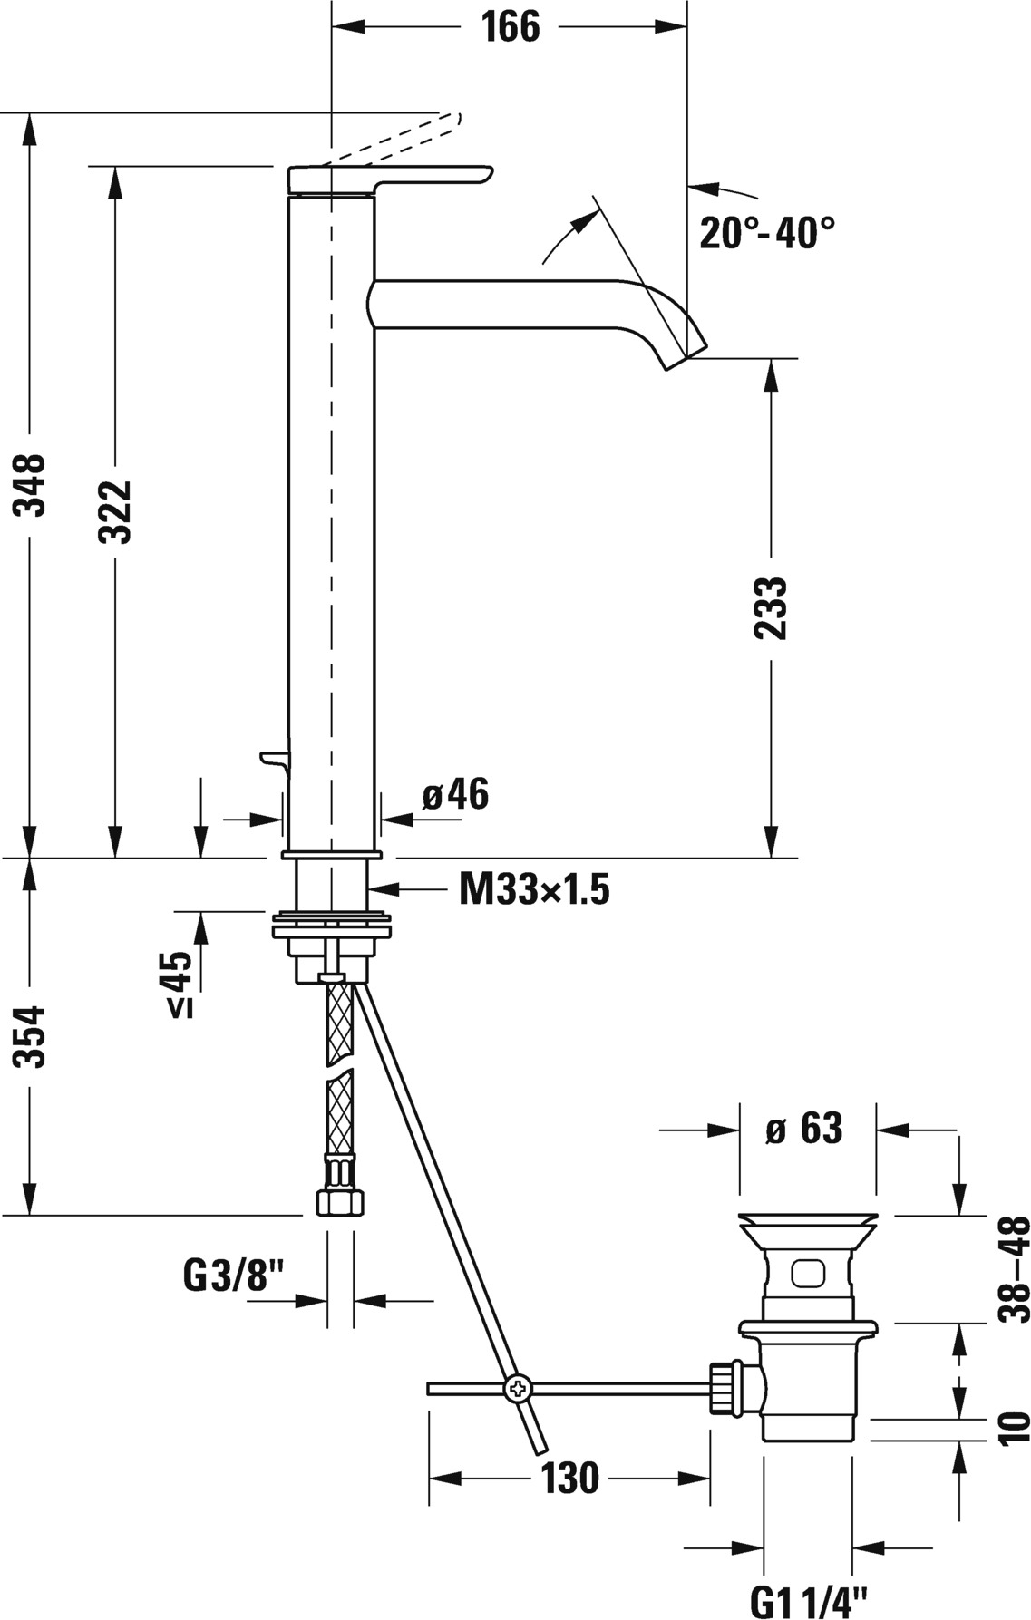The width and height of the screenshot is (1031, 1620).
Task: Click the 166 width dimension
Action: pyautogui.click(x=510, y=26)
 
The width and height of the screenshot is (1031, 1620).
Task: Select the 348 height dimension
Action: pyautogui.click(x=34, y=485)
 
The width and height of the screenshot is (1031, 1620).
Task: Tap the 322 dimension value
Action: pyautogui.click(x=115, y=512)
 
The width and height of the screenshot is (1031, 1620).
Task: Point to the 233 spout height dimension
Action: pyautogui.click(x=772, y=608)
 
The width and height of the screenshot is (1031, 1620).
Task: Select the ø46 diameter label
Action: pyautogui.click(x=455, y=794)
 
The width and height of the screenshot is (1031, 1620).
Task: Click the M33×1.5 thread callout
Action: pyautogui.click(x=534, y=890)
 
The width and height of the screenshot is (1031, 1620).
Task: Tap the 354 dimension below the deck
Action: pyautogui.click(x=34, y=1036)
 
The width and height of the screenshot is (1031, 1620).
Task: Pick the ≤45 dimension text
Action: pyautogui.click(x=180, y=984)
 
